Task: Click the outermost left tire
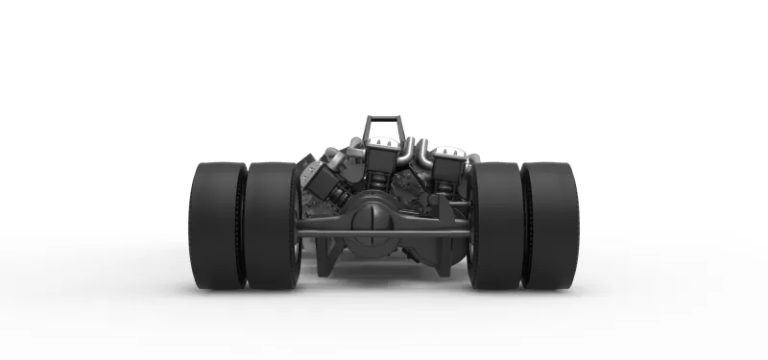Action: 217,226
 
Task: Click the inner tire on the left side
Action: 272,226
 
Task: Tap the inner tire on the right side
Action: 495,226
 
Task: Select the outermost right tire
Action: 550,226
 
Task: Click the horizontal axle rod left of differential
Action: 323,231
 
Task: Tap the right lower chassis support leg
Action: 444,259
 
